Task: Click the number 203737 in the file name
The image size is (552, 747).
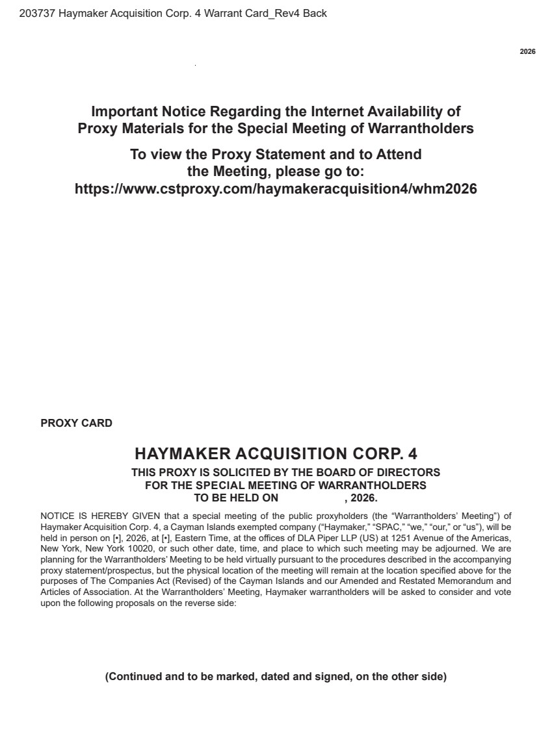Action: point(37,13)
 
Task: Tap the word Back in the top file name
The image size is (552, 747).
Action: point(315,13)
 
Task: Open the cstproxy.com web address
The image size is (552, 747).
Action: point(276,189)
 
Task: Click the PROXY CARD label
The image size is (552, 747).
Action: point(76,424)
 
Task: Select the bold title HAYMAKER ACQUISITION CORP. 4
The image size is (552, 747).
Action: point(276,453)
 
